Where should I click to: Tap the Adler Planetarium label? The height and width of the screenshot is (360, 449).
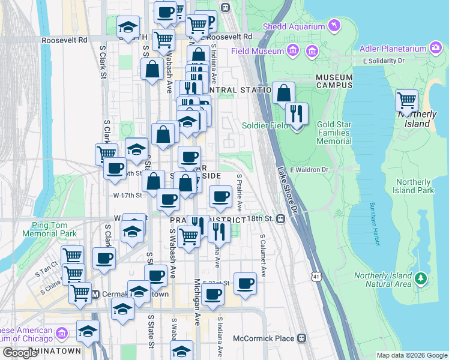(394, 49)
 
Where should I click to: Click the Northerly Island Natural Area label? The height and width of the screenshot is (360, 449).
(382, 280)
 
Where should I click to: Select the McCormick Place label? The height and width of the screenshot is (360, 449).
(264, 338)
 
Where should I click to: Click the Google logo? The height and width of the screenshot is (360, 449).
(20, 353)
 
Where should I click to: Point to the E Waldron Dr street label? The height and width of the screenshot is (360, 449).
(310, 170)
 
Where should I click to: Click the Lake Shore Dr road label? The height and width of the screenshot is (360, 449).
(288, 190)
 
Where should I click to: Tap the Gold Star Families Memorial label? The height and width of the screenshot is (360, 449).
(334, 133)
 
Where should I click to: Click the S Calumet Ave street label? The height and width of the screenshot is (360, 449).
(262, 246)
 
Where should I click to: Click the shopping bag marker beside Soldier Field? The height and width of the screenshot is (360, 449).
(283, 94)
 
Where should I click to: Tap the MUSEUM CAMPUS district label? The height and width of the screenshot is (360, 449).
(334, 82)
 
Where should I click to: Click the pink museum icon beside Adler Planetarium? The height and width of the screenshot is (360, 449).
(436, 49)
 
